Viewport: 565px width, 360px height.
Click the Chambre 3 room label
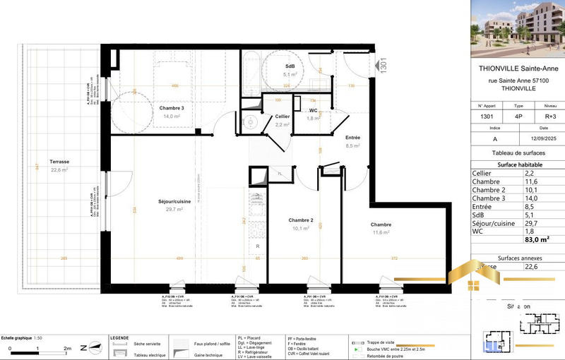point(172,107)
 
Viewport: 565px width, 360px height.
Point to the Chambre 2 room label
point(301,220)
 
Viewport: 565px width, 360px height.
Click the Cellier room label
point(282,116)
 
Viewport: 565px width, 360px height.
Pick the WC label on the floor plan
point(314,111)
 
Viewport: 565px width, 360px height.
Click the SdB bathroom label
point(290,65)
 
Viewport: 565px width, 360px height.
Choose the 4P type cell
point(518,116)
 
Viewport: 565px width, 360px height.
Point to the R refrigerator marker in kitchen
point(258,246)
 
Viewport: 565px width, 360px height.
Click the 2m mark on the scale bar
point(67,349)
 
